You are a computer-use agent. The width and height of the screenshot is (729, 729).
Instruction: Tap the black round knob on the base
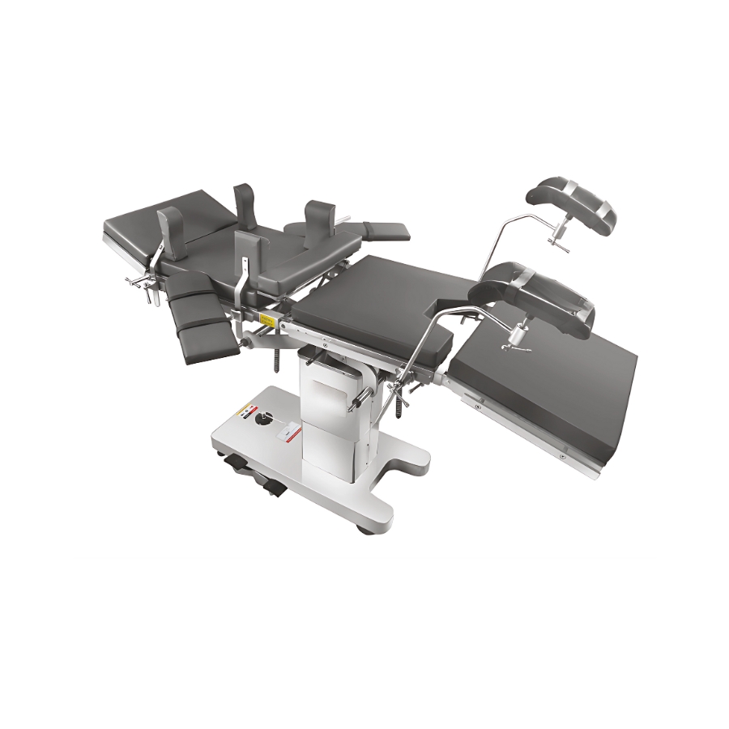(262, 420)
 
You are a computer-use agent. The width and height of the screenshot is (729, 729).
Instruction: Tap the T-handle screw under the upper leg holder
(559, 239)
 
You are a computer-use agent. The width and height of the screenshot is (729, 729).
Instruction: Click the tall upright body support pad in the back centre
(245, 202)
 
